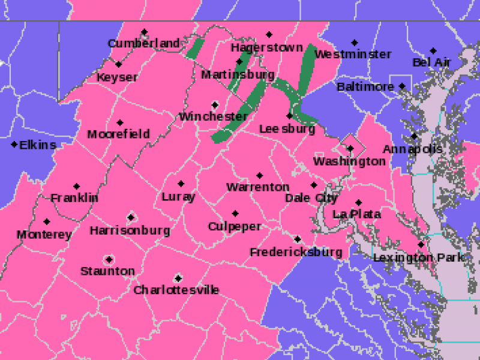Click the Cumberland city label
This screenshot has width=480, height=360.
(144, 43)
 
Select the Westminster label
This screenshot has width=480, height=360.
(353, 55)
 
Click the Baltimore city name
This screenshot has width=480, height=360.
(365, 87)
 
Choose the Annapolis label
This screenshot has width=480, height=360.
(413, 149)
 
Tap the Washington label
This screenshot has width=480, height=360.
(349, 161)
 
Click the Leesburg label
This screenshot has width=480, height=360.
(287, 129)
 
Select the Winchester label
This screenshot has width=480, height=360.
(213, 116)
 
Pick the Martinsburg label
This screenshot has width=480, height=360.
(238, 75)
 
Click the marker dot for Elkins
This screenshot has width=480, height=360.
(14, 145)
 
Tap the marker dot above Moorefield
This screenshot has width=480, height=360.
(120, 122)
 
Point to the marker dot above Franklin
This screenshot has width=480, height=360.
(76, 187)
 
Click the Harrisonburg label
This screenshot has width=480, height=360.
(130, 230)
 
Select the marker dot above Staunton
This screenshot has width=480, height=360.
(109, 260)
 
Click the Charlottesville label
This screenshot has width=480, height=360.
(176, 290)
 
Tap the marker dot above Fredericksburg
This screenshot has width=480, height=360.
(297, 239)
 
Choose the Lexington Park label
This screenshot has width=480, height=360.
(419, 257)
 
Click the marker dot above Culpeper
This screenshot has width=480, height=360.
(235, 214)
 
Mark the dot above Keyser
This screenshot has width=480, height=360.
(119, 65)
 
